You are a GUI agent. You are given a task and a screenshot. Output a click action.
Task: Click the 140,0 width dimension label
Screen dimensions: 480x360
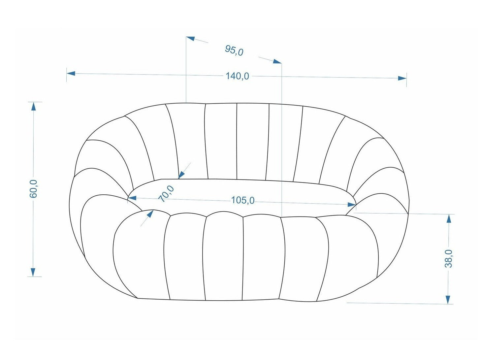coord(237,76)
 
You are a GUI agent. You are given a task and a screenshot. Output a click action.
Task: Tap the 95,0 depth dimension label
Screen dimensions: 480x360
coord(234,50)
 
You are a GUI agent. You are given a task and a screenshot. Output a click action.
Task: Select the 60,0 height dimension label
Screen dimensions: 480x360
coord(33,189)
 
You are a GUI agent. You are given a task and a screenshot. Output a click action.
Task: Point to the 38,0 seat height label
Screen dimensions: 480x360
coord(449,258)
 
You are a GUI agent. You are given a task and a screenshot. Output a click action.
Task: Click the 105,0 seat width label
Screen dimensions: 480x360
coord(243,200)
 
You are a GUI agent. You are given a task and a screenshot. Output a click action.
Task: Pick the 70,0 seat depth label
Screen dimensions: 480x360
coord(167,194)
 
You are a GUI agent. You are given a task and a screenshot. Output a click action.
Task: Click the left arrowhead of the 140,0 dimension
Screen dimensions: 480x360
coord(71,73)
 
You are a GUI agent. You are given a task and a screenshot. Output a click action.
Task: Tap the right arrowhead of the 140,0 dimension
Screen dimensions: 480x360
coord(402,78)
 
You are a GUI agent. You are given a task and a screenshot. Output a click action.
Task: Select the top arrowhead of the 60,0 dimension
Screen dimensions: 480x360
coord(33,106)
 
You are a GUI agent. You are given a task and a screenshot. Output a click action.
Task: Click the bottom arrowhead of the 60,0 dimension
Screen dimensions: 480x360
coord(33,272)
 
